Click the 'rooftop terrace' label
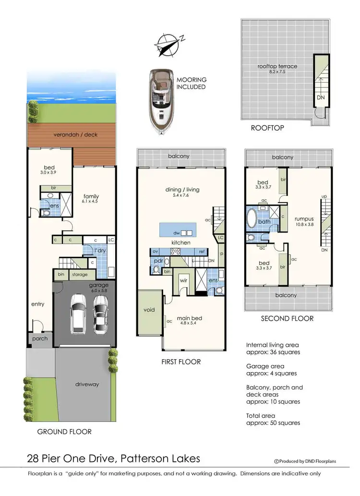pos(277,66)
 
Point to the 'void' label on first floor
pos(149,310)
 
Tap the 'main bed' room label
pos(190,318)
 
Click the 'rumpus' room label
pos(304,219)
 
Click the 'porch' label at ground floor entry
pos(40,338)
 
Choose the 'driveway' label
pos(86,384)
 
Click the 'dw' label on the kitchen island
pos(177,232)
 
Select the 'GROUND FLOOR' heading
pos(64,432)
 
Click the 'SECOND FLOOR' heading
pos(287,318)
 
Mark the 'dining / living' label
pos(182,190)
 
